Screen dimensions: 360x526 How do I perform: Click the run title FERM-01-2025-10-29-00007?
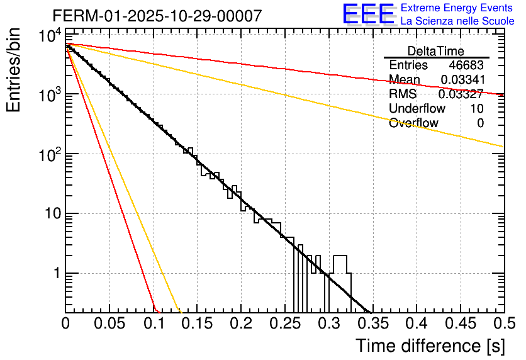coord(157,16)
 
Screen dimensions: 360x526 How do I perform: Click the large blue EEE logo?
coord(368,15)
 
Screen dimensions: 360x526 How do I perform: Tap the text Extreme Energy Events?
coord(457,8)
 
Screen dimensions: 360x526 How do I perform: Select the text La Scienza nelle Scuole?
coord(457,21)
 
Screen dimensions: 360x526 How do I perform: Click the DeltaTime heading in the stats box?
coord(436,51)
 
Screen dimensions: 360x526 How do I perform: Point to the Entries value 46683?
coord(466,65)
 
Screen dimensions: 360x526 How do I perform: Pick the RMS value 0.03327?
coord(461,94)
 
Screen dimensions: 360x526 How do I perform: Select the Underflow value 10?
coord(477,109)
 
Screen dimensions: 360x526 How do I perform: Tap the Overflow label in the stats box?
coord(413,123)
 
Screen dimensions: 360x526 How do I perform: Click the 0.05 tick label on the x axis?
coord(109,324)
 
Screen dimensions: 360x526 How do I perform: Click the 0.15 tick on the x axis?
coord(197,324)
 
